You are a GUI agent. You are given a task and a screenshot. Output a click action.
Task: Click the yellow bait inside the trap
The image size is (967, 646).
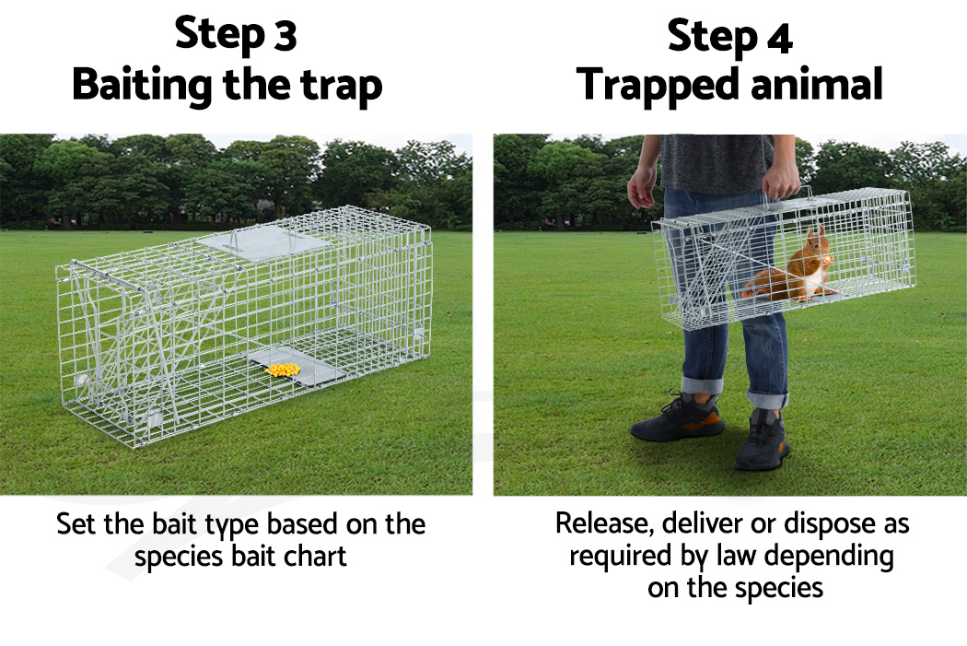[x=282, y=370]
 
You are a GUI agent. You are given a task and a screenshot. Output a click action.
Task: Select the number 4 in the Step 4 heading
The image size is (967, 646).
[x=778, y=37]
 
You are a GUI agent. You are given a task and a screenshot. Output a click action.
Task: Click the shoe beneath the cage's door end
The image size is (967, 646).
[x=678, y=420]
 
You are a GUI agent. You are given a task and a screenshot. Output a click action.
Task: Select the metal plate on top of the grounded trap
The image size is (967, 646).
[x=262, y=243]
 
